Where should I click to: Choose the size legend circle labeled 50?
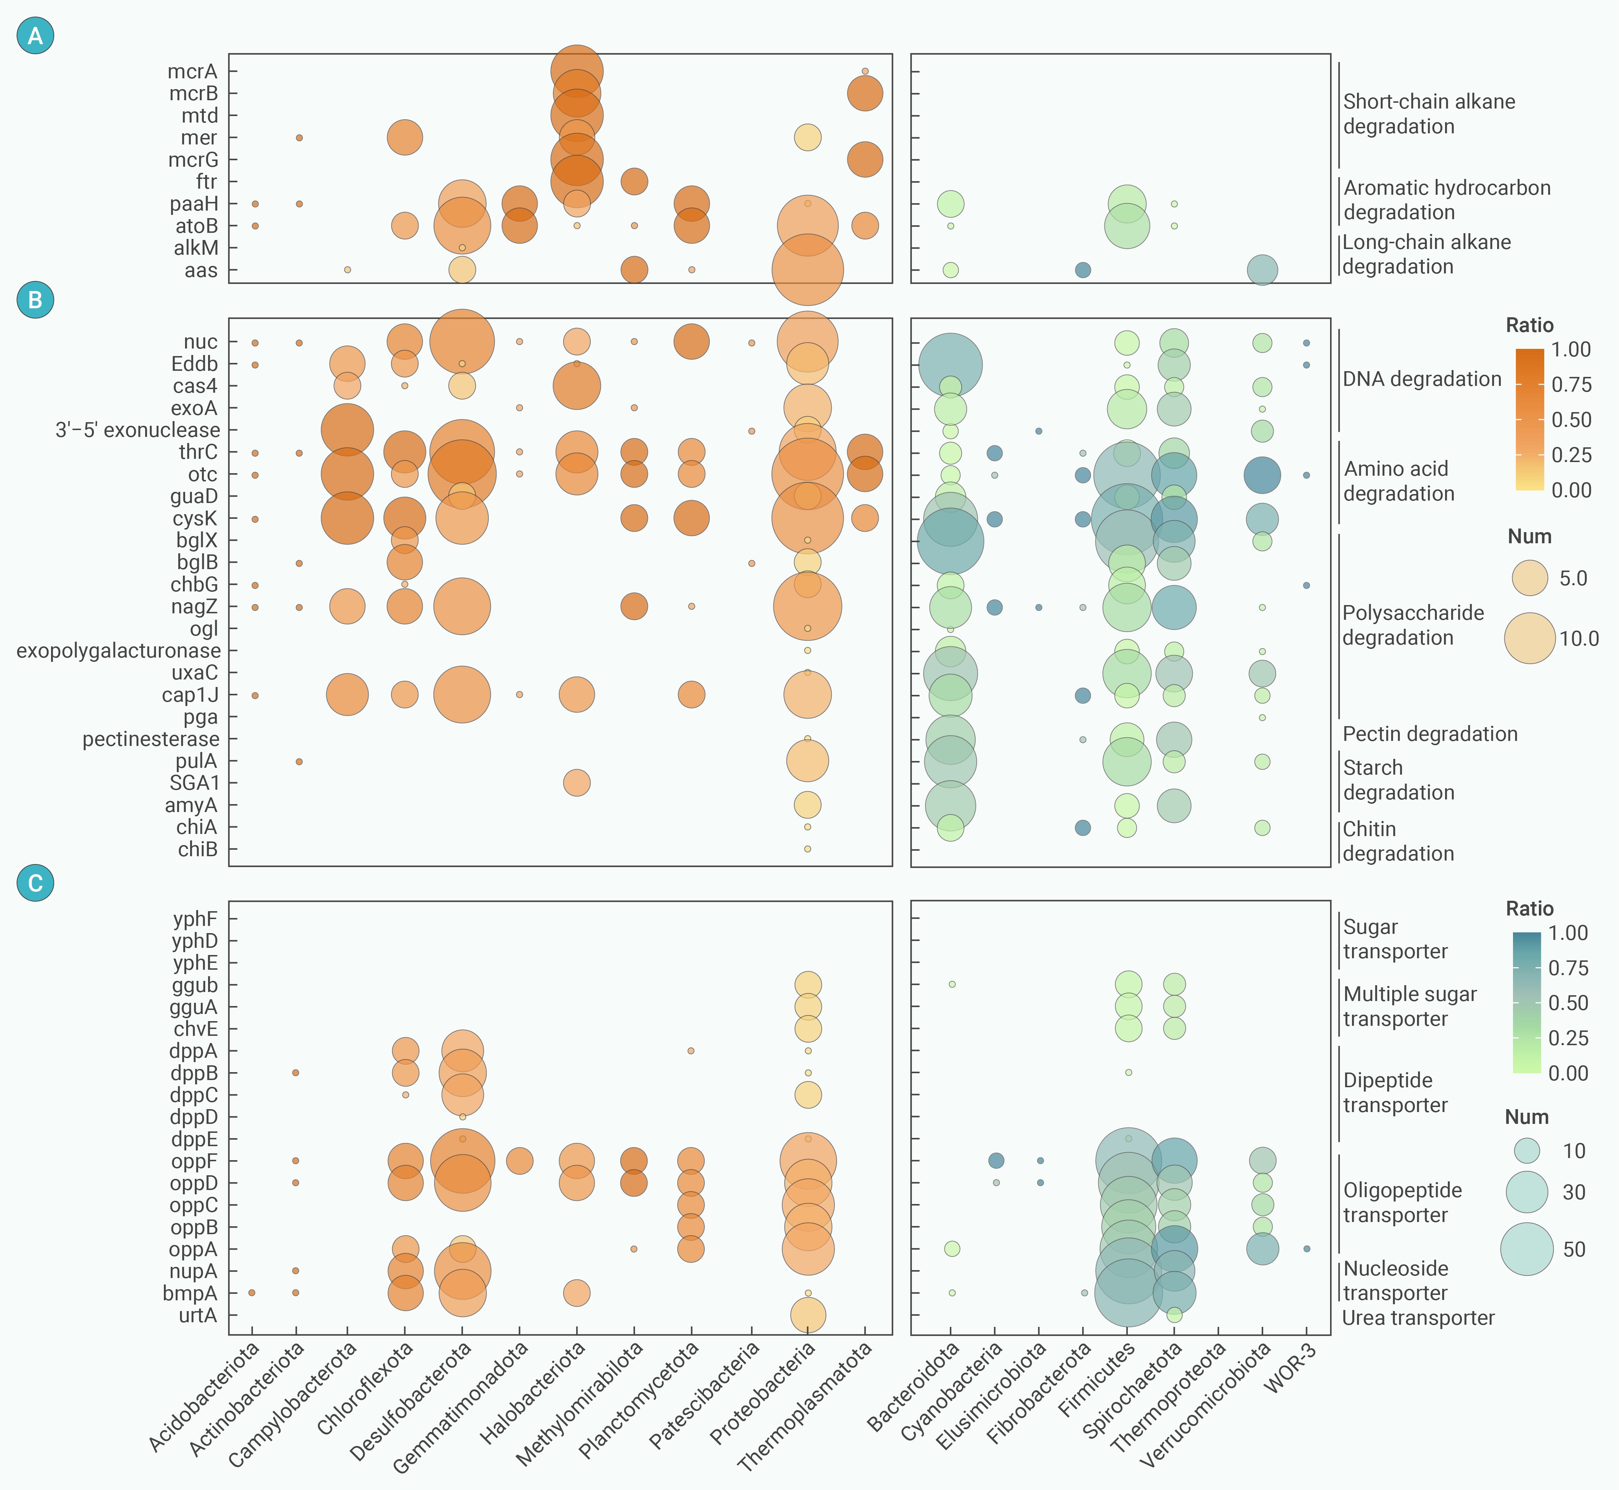[1526, 1249]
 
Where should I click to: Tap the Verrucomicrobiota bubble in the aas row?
[1262, 270]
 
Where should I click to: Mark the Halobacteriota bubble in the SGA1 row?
[576, 783]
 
